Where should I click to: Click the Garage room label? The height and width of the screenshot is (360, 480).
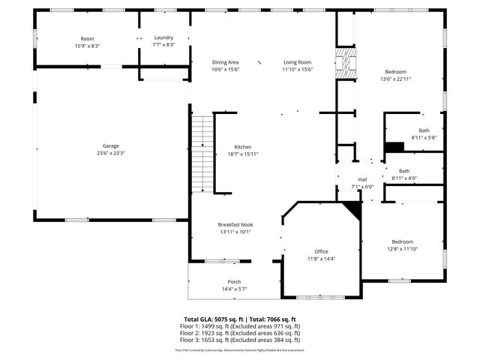[x=111, y=145]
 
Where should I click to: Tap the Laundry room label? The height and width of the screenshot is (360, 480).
[x=163, y=38]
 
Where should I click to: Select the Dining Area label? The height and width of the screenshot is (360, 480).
[x=225, y=62]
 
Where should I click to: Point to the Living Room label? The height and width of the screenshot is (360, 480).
[x=297, y=62]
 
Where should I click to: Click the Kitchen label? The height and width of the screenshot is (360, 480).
[x=242, y=147]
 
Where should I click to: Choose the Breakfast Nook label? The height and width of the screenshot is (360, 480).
[x=235, y=224]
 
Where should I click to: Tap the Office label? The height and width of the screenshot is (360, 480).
[x=321, y=251]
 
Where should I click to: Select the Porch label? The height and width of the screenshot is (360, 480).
[x=235, y=282]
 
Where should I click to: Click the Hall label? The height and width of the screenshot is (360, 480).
[x=362, y=179]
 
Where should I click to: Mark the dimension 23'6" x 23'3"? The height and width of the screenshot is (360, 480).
[x=111, y=153]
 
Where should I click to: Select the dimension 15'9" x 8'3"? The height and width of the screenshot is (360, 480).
[x=88, y=46]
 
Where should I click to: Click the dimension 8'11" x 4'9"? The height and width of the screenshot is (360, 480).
[x=404, y=178]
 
